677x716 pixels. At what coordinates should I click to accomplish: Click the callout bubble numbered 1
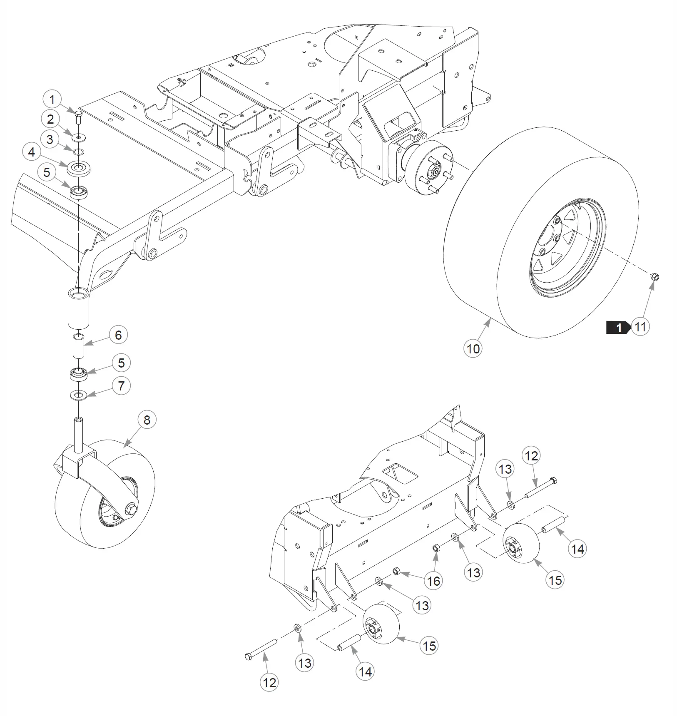tap(52, 100)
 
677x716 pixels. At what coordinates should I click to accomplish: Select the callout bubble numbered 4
tap(32, 152)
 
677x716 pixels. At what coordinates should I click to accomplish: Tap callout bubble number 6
tap(118, 335)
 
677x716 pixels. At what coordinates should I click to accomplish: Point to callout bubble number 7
tap(121, 386)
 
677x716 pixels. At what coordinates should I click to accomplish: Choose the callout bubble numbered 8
tap(147, 420)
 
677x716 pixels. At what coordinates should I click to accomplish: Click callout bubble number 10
tap(473, 349)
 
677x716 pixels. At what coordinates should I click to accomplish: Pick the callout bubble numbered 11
tap(640, 327)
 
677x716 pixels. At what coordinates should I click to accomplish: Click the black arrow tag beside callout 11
tap(618, 328)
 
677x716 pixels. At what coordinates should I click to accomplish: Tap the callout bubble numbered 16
tap(434, 581)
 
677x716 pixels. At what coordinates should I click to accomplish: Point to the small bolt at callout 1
tap(79, 117)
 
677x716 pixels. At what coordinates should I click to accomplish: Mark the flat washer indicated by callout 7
tap(78, 394)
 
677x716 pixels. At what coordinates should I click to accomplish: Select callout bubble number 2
tap(50, 119)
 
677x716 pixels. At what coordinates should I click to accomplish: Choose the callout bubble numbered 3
tap(50, 139)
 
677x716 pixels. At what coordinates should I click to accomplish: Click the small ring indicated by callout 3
tap(79, 151)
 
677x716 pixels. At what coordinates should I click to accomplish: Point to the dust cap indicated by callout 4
tap(79, 168)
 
